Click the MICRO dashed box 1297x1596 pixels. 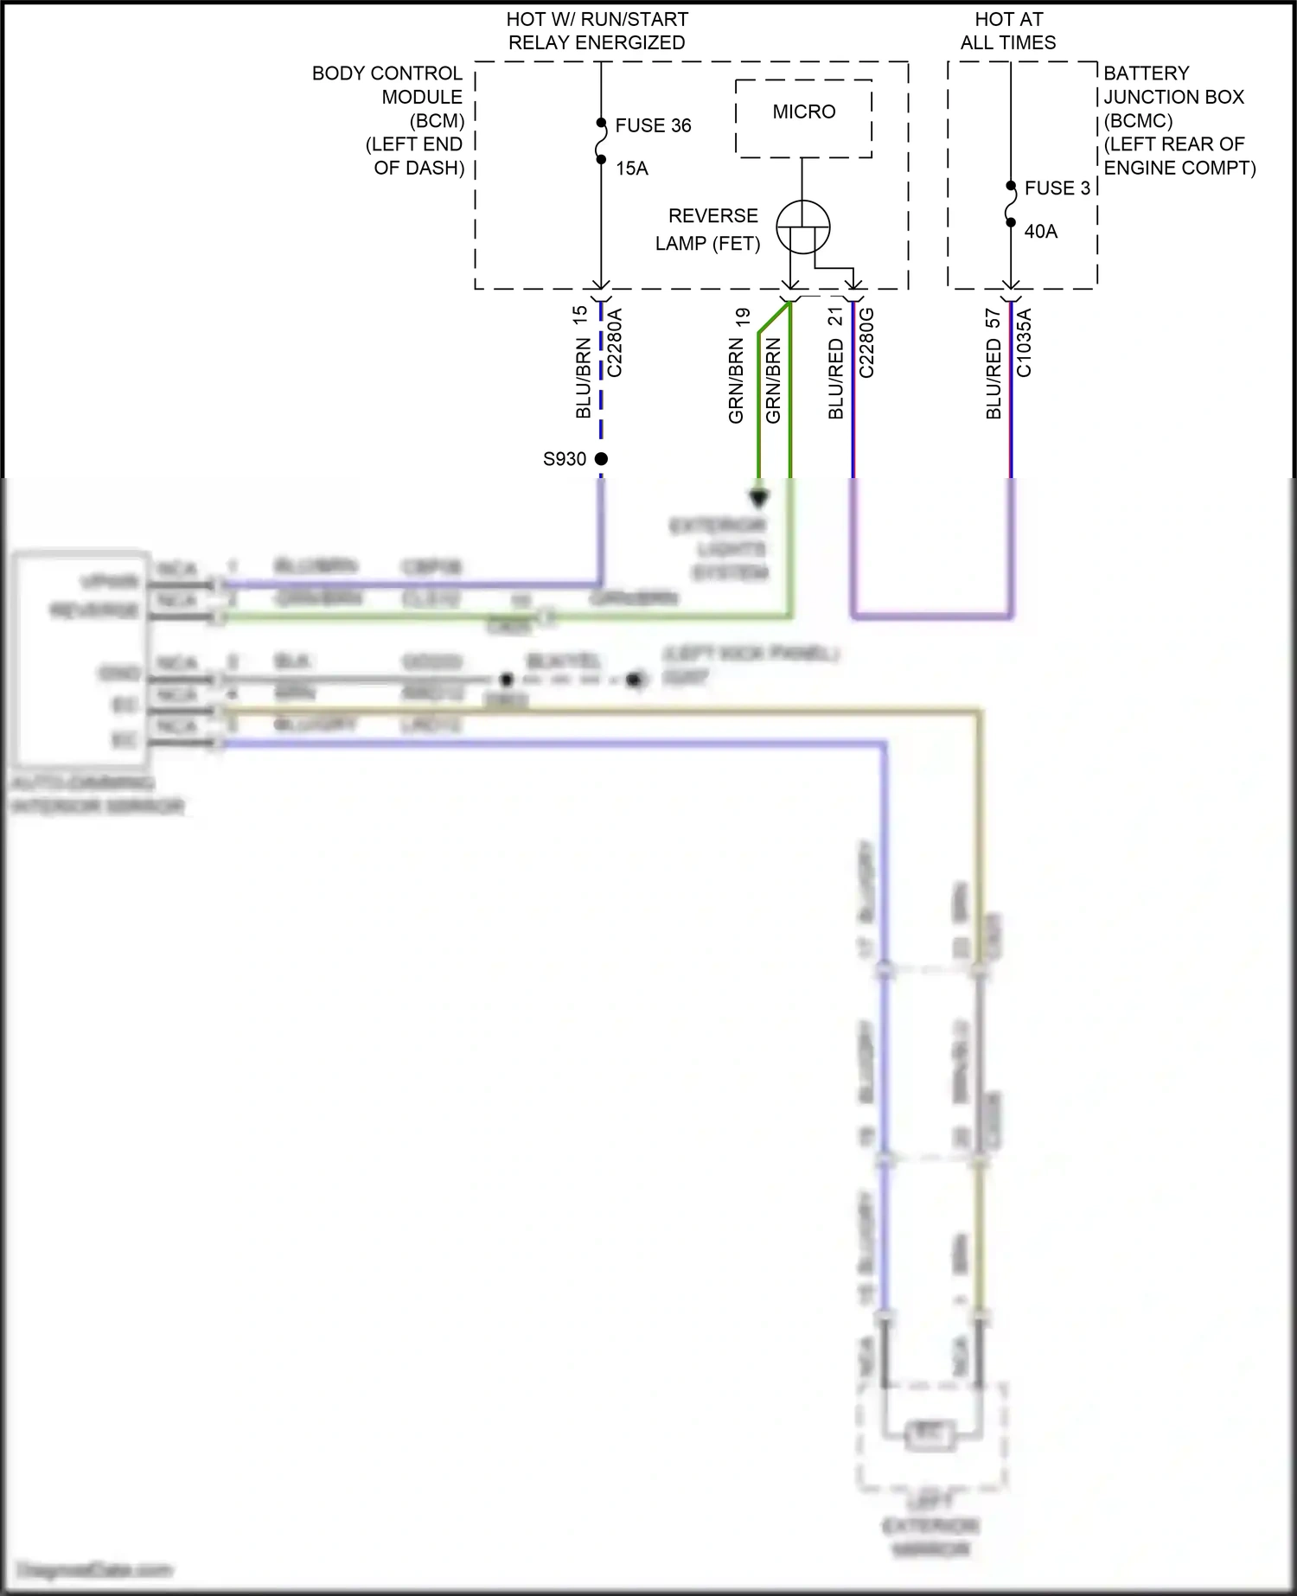pos(803,118)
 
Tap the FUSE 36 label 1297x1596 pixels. pos(653,125)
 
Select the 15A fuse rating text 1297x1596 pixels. pos(632,169)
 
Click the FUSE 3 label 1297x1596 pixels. pos(1057,188)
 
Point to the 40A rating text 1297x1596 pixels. pos(1040,232)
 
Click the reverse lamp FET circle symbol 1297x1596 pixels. pos(802,227)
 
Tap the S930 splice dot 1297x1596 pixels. pos(601,459)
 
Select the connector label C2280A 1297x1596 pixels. pos(615,343)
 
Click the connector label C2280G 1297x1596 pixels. pos(866,343)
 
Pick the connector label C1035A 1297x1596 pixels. pos(1024,343)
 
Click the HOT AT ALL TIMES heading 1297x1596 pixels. pos(1008,31)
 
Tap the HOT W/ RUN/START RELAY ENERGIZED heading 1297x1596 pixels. pos(597,31)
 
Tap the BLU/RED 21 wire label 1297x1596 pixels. pos(835,363)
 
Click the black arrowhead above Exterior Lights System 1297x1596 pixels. pos(758,499)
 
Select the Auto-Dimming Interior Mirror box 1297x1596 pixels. pos(80,658)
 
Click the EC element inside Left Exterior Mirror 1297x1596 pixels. pos(930,1434)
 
